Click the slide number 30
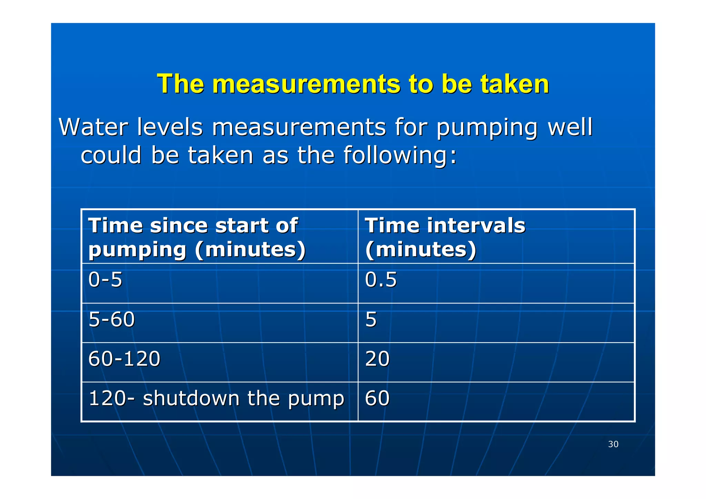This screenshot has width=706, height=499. [x=613, y=444]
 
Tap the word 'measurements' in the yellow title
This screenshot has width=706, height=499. [x=306, y=84]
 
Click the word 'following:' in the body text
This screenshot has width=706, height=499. [x=400, y=155]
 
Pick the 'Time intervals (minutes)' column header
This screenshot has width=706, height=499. [x=445, y=237]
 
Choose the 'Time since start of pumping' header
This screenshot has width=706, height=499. [x=196, y=237]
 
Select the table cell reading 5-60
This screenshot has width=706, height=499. [x=111, y=319]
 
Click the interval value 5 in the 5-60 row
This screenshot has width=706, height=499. [x=371, y=319]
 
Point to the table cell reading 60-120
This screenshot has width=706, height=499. [x=124, y=359]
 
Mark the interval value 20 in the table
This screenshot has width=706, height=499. [x=377, y=359]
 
